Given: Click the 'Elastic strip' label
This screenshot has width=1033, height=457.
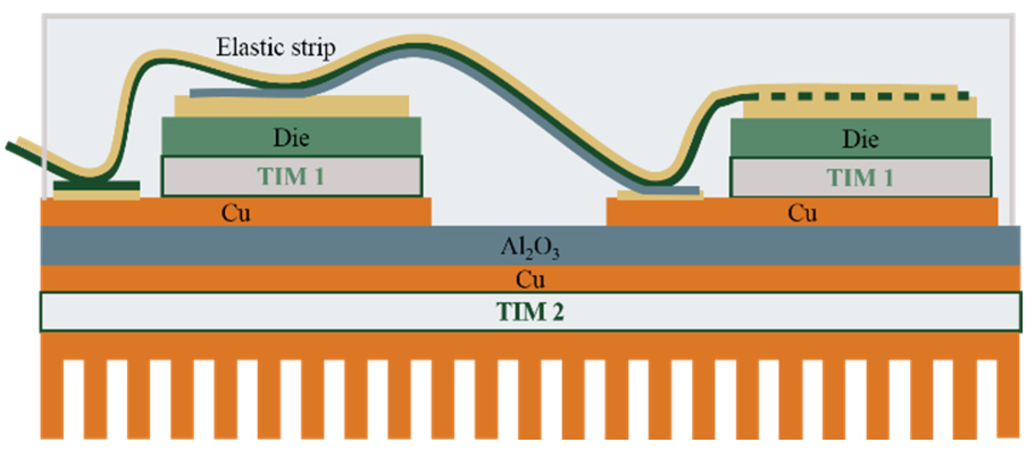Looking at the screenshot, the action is pos(275,47).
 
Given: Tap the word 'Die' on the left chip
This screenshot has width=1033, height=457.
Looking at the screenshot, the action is pos(291,138).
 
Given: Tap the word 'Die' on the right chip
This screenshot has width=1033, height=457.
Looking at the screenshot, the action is pos(860,139).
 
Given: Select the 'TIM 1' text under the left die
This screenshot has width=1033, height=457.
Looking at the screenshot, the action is pos(291,177).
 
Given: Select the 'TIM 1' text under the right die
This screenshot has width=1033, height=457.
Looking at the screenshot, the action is pos(860,178).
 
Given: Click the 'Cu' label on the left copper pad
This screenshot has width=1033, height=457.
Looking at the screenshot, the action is pos(236,213).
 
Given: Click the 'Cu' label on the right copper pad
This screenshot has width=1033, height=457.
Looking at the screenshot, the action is pos(802,213).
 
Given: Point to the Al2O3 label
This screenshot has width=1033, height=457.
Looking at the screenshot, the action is pos(529,247).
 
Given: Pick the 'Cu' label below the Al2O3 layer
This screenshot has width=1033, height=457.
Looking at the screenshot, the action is pos(529,279).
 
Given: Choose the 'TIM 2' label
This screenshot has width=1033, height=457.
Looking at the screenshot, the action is pos(529,311).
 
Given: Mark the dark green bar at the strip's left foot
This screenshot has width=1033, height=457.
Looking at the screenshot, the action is pos(97,186).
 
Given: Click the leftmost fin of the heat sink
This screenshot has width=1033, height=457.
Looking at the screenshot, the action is pos(51,398).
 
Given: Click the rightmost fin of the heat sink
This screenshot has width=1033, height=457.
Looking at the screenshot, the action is pos(1008,398).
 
